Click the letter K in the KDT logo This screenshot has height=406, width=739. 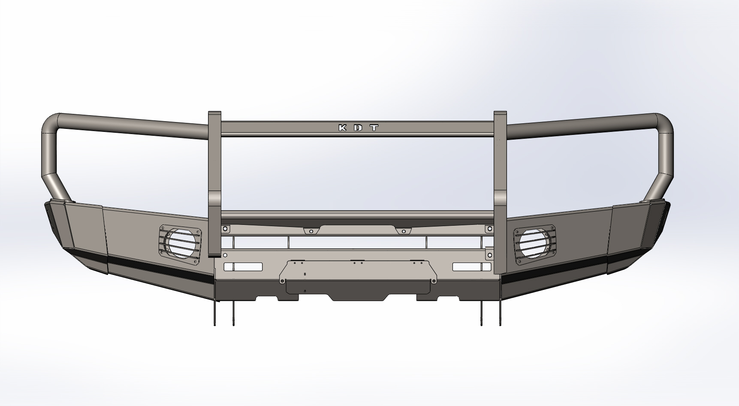click(343, 128)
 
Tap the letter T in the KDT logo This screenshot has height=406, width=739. click(374, 128)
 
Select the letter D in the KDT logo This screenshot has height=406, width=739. click(359, 128)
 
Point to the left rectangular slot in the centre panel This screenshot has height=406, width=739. click(243, 267)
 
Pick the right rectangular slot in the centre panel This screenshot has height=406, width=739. click(472, 267)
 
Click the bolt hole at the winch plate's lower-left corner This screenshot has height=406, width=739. click(282, 281)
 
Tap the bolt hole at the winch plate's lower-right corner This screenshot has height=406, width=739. click(434, 281)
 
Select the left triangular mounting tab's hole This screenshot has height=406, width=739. click(311, 231)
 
